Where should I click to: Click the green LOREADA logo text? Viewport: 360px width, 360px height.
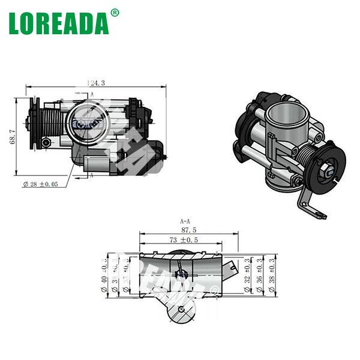coord(58,22)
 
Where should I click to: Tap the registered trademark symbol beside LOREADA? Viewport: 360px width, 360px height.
coord(115,11)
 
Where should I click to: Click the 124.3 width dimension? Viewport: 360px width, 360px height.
coord(95,83)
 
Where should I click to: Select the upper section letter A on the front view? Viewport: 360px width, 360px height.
coord(92,94)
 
